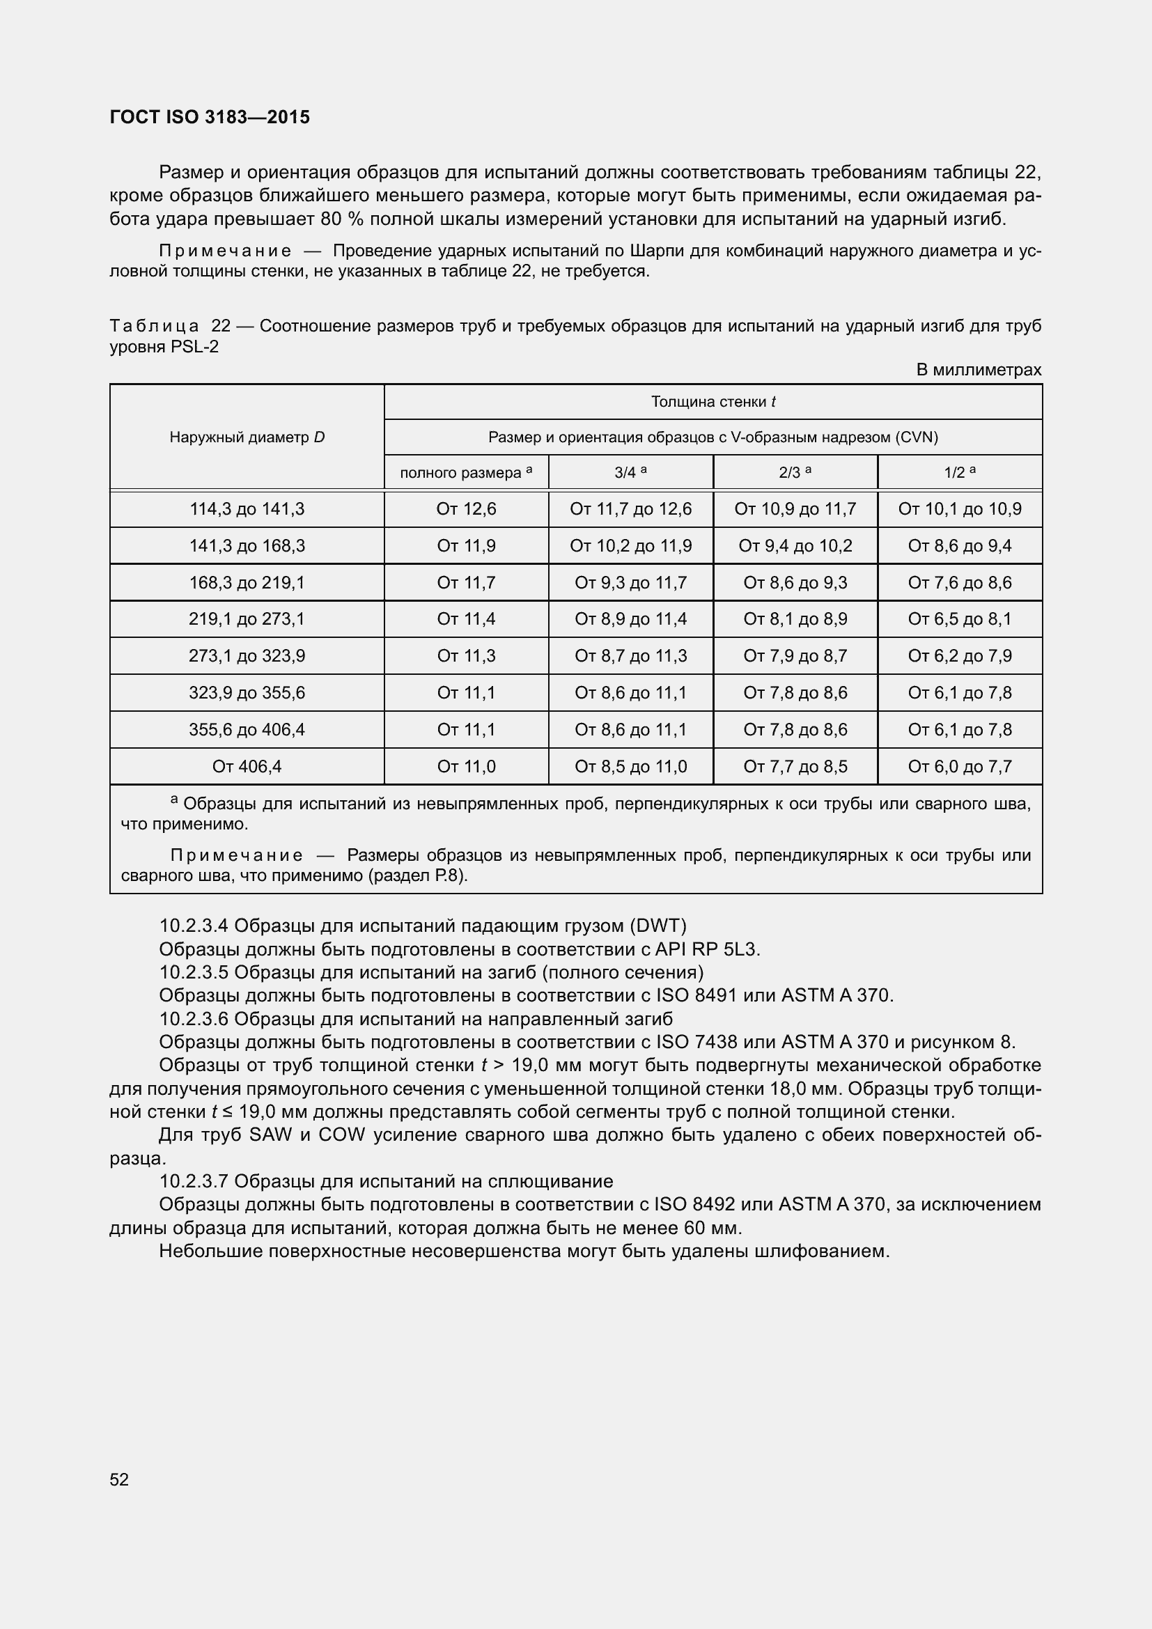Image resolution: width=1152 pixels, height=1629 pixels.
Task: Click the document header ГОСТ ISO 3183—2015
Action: (210, 117)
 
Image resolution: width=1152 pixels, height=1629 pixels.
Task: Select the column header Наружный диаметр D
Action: (247, 437)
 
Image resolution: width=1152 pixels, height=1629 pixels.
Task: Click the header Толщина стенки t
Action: (713, 403)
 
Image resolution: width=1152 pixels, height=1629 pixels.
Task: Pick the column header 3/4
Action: (630, 472)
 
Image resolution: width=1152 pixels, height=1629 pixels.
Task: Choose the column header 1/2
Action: (959, 472)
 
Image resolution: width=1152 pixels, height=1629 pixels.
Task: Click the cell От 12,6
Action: (466, 509)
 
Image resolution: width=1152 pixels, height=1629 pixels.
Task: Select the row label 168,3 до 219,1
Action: (247, 582)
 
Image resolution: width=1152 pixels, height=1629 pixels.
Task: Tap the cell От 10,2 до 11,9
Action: (630, 546)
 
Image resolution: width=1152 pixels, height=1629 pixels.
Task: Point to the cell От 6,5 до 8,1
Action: (959, 619)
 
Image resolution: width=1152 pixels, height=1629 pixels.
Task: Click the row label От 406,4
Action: (247, 766)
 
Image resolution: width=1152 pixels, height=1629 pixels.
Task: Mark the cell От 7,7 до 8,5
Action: (795, 766)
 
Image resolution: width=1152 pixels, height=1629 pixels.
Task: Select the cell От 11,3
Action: (466, 656)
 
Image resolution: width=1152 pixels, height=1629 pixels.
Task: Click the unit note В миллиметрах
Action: (978, 370)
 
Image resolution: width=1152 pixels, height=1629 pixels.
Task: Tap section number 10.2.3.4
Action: (194, 926)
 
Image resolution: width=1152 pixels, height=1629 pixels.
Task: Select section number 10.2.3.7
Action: (194, 1181)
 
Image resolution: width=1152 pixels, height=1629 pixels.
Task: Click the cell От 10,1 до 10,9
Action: (959, 509)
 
